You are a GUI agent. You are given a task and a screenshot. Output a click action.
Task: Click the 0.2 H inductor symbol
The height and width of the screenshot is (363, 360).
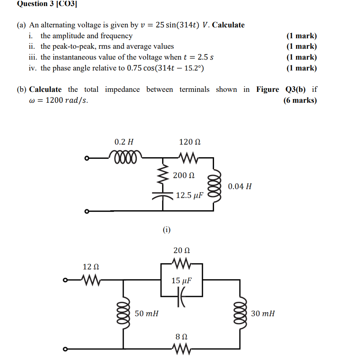(x=125, y=156)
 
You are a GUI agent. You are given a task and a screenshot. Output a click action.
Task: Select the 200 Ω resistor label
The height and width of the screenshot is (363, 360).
(x=183, y=176)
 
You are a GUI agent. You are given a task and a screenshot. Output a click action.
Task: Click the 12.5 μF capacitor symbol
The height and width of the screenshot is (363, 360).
(x=163, y=196)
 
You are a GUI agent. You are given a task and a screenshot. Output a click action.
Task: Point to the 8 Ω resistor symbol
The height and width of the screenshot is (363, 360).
(x=181, y=349)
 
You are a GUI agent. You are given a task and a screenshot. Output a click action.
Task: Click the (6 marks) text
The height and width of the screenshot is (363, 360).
(x=300, y=100)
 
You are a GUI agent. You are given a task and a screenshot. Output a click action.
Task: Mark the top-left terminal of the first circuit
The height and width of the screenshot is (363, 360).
(x=86, y=158)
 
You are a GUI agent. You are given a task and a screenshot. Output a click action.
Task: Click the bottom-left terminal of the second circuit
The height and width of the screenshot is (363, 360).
(x=64, y=349)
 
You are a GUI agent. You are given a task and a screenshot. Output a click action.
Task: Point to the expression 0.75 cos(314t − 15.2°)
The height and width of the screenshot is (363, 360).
(x=165, y=68)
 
